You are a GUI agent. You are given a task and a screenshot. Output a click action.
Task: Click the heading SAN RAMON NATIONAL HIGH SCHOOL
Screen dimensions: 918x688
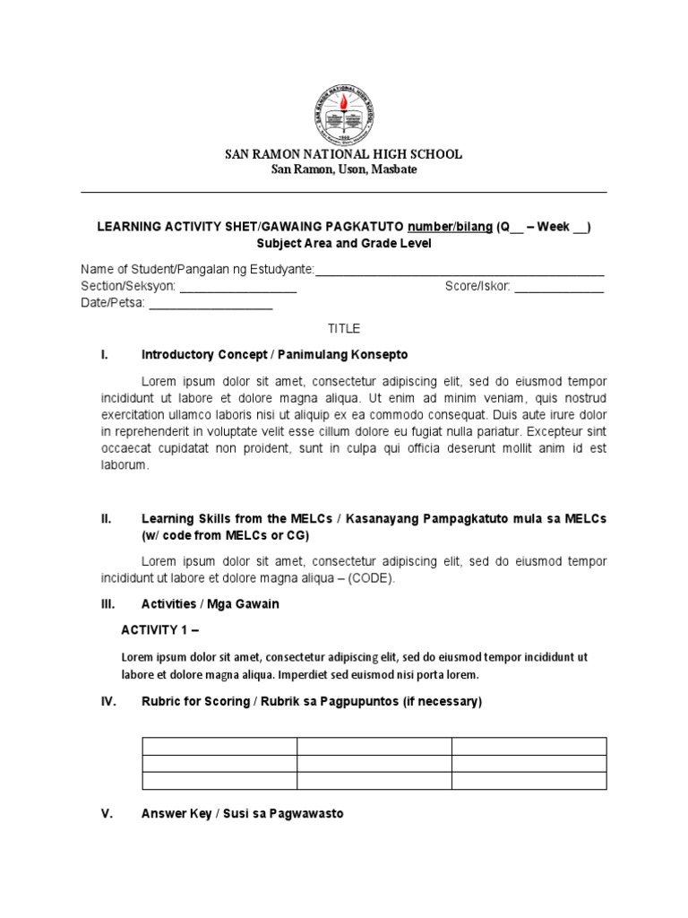coord(343,154)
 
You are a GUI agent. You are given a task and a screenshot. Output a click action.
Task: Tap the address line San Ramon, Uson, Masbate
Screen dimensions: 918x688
coord(344,169)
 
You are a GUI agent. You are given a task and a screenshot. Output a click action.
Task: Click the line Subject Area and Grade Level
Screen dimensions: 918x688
coord(344,244)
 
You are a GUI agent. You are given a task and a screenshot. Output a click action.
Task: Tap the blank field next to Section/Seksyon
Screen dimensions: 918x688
coord(239,287)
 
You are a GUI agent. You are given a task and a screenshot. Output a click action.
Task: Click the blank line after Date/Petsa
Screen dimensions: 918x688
coord(211,304)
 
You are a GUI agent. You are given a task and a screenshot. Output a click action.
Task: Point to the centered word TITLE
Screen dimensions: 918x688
coord(343,329)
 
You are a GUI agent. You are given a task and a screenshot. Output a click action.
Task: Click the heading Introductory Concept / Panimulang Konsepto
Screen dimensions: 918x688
coord(274,355)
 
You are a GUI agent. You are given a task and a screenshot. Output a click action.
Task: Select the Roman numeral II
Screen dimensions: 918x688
coord(106,518)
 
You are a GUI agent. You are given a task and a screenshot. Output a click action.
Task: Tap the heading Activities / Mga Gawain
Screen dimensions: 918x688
coord(211,604)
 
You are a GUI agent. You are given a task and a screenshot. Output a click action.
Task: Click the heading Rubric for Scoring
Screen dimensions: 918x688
coord(311,702)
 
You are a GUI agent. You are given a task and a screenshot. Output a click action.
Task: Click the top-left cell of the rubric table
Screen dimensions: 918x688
coord(219,747)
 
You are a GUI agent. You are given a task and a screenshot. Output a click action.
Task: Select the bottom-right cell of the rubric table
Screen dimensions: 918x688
coord(529,781)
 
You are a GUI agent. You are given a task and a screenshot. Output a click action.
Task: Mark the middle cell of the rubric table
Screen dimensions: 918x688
coord(374,764)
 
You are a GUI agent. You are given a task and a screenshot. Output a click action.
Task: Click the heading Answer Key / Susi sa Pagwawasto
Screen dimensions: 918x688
coord(242,814)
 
